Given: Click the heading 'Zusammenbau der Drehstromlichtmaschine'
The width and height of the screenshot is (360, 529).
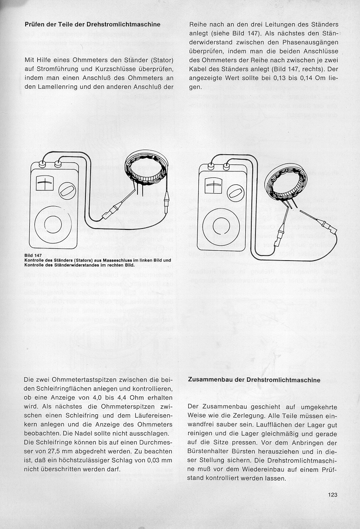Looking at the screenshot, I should (x=254, y=379).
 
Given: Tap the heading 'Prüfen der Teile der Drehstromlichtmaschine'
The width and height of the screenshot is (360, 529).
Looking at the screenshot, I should (x=92, y=24).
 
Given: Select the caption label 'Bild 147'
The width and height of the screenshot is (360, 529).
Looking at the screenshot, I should (x=33, y=255).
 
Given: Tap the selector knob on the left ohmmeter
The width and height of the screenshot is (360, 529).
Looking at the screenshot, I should (x=68, y=190).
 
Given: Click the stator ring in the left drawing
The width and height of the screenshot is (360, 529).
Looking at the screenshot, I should (x=145, y=168).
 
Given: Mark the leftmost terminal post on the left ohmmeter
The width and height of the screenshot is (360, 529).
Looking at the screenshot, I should (x=42, y=164).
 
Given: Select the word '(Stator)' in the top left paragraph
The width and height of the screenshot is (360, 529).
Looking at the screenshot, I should (x=160, y=60).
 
